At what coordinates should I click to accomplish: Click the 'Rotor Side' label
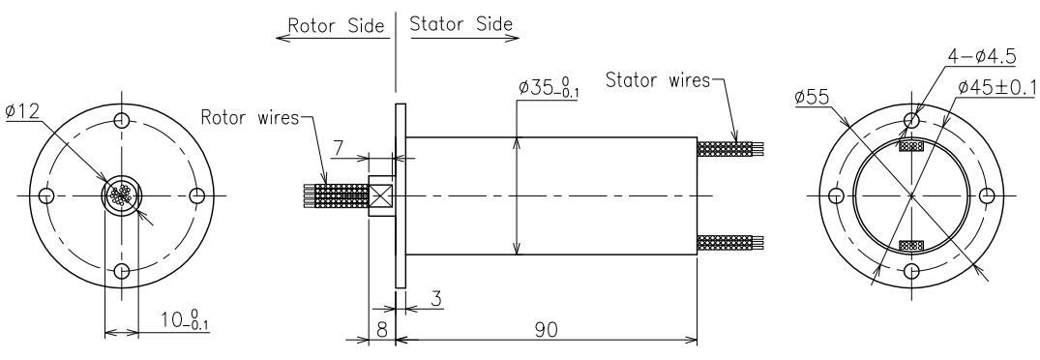tap(336, 26)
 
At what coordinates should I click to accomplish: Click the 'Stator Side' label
tap(461, 24)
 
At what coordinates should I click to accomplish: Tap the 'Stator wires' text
tap(658, 80)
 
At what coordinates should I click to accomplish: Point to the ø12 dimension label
tap(23, 110)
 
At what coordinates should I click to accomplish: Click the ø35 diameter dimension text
tap(548, 88)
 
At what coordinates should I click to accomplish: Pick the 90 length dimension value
tap(547, 328)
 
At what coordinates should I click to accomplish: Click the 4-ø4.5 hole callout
tap(981, 57)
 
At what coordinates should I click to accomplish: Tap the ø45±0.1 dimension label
tap(996, 86)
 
